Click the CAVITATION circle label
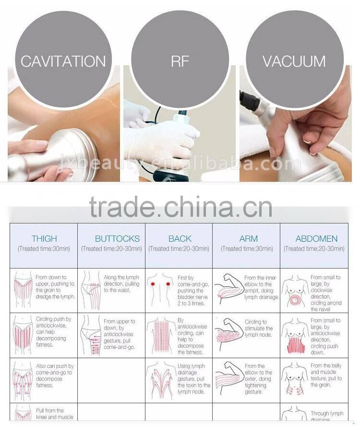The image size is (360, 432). point(63,61)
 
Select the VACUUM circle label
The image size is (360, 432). point(294,61)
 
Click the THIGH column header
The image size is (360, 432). point(44,238)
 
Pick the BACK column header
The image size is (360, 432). point(180,238)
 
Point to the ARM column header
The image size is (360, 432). point(248,238)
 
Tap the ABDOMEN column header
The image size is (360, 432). point(316,238)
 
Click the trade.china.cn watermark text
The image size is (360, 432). point(180,207)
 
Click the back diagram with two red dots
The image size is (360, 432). point(160,290)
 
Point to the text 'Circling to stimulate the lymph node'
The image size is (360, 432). point(259,328)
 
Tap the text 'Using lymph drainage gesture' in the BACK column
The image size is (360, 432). point(194,379)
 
